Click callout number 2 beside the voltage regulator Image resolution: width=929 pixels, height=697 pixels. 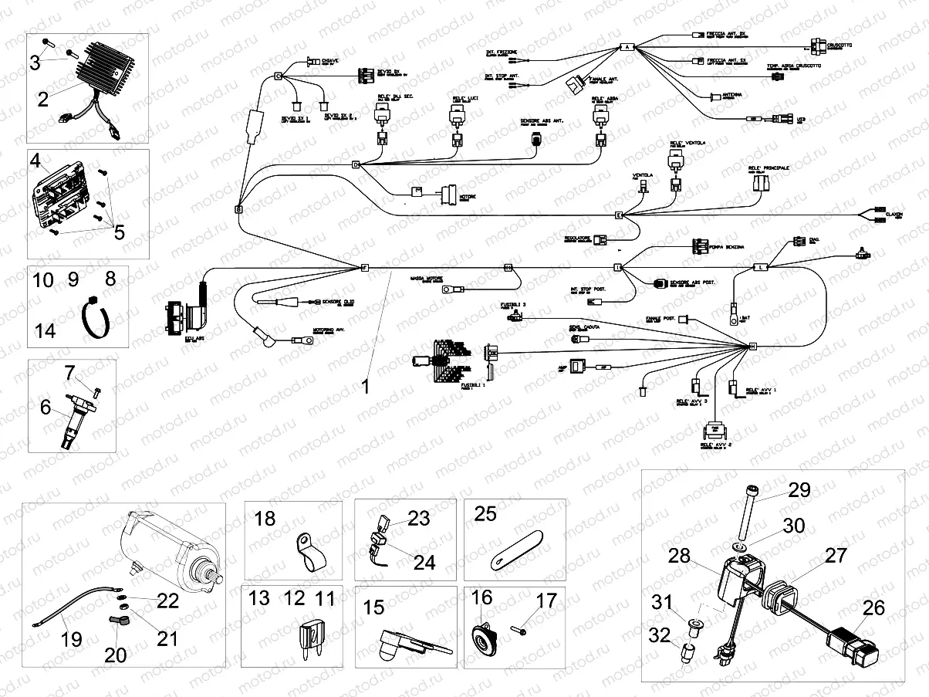[42, 98]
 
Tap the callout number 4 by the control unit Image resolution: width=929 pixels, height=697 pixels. [35, 161]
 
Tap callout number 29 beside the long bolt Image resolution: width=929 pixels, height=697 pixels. [799, 489]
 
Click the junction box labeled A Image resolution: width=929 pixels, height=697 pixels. [627, 47]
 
